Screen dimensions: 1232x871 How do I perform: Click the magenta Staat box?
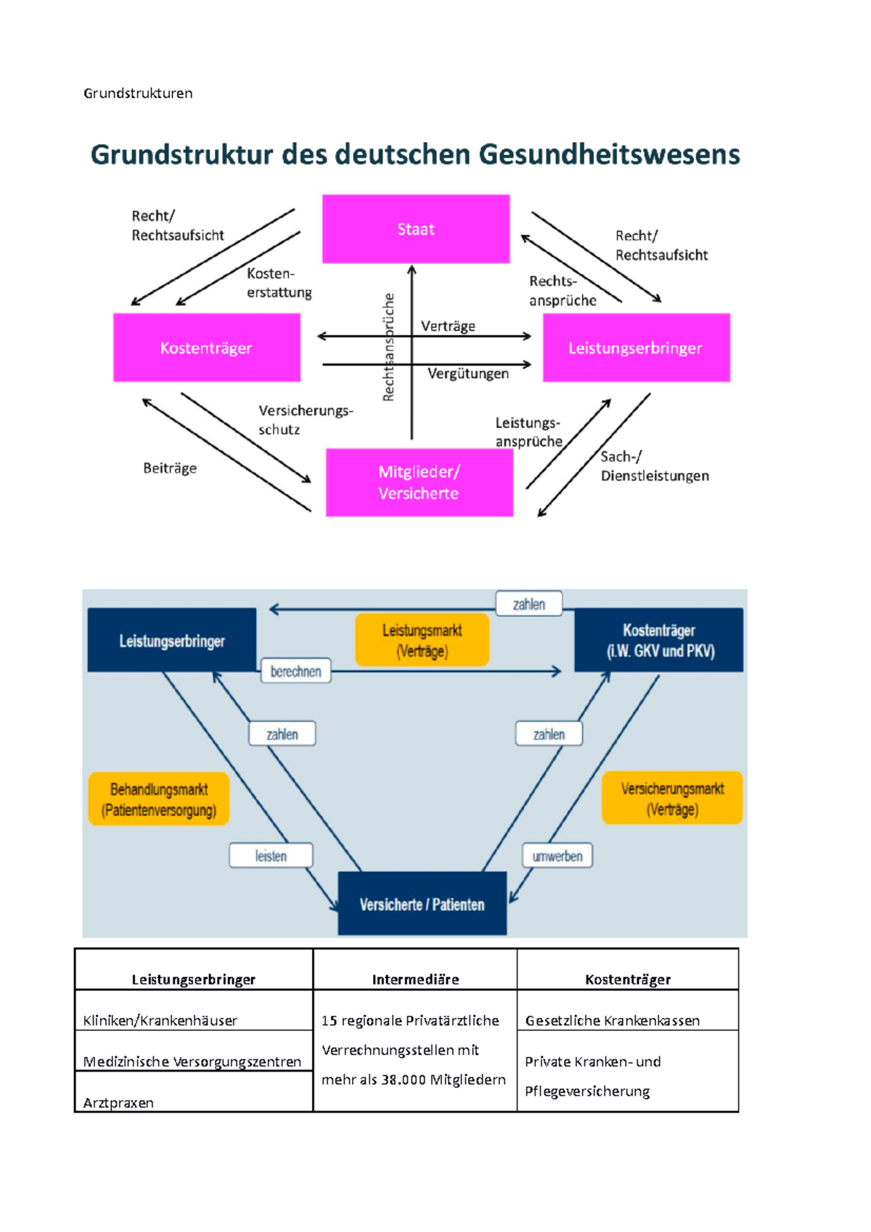[x=416, y=229]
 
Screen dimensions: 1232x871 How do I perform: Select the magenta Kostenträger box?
[x=206, y=348]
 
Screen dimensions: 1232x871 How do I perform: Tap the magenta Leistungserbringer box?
[x=636, y=348]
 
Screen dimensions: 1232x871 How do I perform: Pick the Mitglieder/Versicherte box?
[x=419, y=482]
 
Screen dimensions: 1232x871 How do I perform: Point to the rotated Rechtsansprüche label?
[x=389, y=348]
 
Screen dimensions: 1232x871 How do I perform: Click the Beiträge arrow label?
[x=170, y=468]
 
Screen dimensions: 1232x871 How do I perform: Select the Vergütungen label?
[x=468, y=374]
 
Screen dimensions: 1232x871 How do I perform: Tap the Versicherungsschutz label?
[x=305, y=419]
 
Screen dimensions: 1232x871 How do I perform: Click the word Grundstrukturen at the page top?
[x=138, y=93]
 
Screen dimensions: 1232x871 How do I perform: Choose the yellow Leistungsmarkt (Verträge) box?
[x=422, y=640]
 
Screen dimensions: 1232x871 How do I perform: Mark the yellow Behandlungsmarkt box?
[x=159, y=799]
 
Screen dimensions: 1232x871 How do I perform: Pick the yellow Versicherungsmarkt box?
[x=672, y=798]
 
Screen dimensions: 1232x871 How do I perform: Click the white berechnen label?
[x=295, y=671]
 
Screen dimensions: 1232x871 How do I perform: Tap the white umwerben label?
[x=557, y=856]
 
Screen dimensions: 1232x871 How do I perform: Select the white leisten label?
[x=271, y=856]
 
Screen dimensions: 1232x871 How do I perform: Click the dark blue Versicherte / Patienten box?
[x=422, y=904]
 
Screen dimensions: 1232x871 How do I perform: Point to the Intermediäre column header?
[x=415, y=980]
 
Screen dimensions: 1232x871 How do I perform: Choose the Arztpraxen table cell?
[x=118, y=1102]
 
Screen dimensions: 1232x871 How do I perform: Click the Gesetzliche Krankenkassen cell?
[x=613, y=1020]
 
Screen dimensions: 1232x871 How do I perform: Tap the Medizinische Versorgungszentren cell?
[x=192, y=1061]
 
